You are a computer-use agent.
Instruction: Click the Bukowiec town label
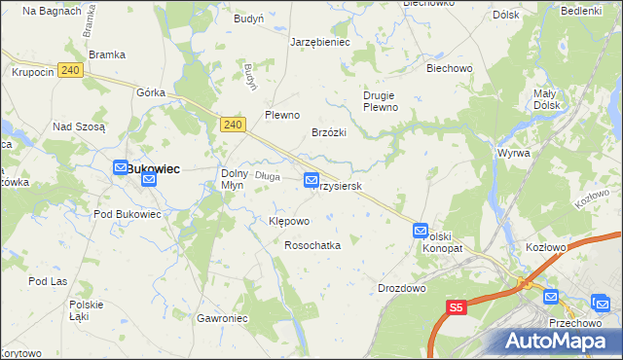click(153, 168)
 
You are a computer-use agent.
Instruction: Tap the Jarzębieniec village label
click(320, 43)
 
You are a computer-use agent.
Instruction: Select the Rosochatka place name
click(311, 246)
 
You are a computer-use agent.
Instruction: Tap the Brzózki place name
click(329, 132)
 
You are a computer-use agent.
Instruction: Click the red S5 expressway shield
click(457, 307)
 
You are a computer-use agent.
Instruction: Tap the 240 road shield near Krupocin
click(68, 70)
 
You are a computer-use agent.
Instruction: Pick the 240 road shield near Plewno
click(232, 125)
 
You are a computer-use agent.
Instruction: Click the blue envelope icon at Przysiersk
click(311, 179)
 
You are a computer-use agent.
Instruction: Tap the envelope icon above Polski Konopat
click(421, 231)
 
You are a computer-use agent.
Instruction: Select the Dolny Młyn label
click(232, 178)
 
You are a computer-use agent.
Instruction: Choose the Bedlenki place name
click(581, 10)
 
